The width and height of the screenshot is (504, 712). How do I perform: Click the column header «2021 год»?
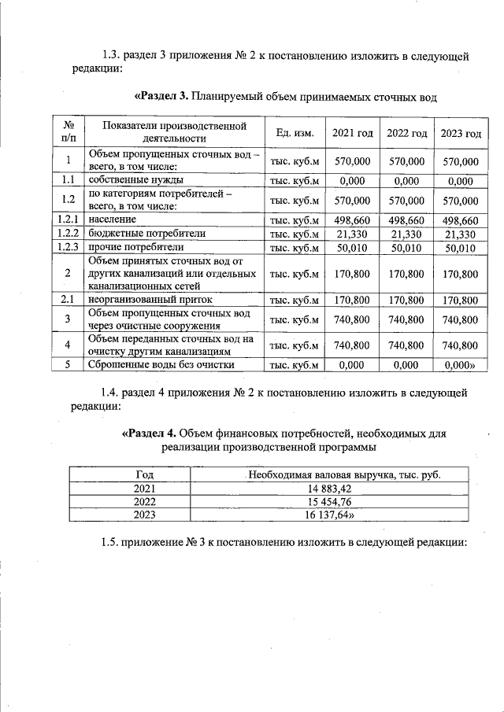point(352,133)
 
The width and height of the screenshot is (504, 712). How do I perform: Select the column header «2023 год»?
point(461,133)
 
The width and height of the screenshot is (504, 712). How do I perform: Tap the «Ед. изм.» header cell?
point(295,133)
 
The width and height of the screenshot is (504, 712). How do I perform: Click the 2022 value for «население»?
point(406,220)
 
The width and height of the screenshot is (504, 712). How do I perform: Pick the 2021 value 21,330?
point(352,234)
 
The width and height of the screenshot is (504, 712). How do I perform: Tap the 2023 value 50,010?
point(461,249)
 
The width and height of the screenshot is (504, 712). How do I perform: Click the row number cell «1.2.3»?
point(69,248)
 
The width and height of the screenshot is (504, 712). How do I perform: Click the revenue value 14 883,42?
point(343,489)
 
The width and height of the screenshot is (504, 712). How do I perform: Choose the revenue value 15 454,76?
point(343,502)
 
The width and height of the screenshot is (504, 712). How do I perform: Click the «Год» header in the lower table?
point(144,475)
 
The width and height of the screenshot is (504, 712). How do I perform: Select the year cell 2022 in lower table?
point(144,502)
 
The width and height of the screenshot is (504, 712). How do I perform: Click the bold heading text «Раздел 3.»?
point(161,96)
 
